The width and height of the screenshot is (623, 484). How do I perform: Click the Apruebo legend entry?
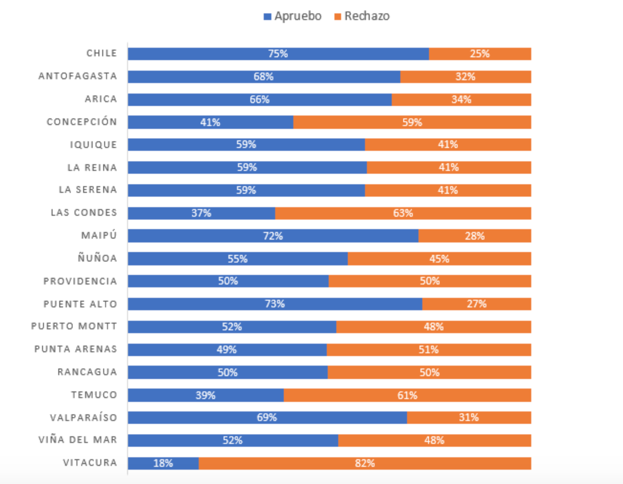coord(293,16)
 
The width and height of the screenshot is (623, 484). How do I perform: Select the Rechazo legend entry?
coord(362,16)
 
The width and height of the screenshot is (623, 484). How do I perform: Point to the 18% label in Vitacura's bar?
coord(163,463)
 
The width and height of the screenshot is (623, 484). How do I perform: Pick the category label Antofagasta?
coord(78,76)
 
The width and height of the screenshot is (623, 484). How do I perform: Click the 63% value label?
coord(403,213)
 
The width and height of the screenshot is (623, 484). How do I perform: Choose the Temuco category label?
coord(94,395)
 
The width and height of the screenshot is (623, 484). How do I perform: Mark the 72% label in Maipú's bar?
coord(273,236)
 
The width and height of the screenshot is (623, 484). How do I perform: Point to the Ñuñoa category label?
coord(97,259)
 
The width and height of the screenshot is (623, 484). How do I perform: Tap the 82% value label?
coord(365,463)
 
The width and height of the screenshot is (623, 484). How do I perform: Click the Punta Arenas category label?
coord(75,349)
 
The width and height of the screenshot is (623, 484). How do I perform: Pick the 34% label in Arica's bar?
coord(461,100)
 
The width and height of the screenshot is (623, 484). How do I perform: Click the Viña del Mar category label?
coord(78,440)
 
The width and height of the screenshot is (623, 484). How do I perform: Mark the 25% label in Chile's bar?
coord(479,54)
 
